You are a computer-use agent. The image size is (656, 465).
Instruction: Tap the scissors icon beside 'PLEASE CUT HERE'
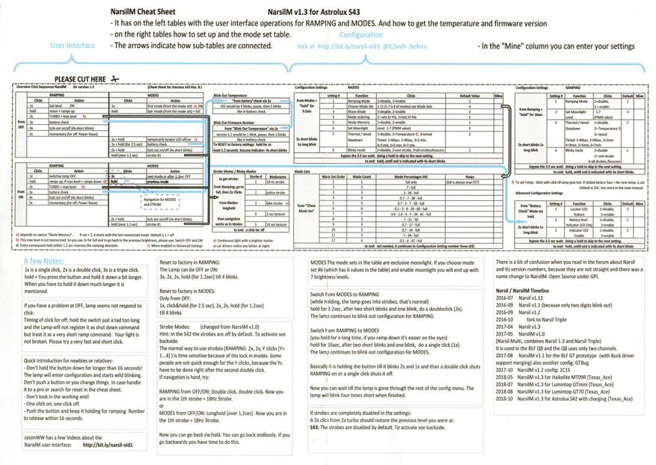(114, 78)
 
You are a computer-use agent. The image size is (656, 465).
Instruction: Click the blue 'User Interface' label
(72, 46)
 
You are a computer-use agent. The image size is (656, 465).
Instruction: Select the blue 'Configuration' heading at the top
(361, 35)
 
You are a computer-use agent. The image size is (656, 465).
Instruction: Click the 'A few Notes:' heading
(44, 258)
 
